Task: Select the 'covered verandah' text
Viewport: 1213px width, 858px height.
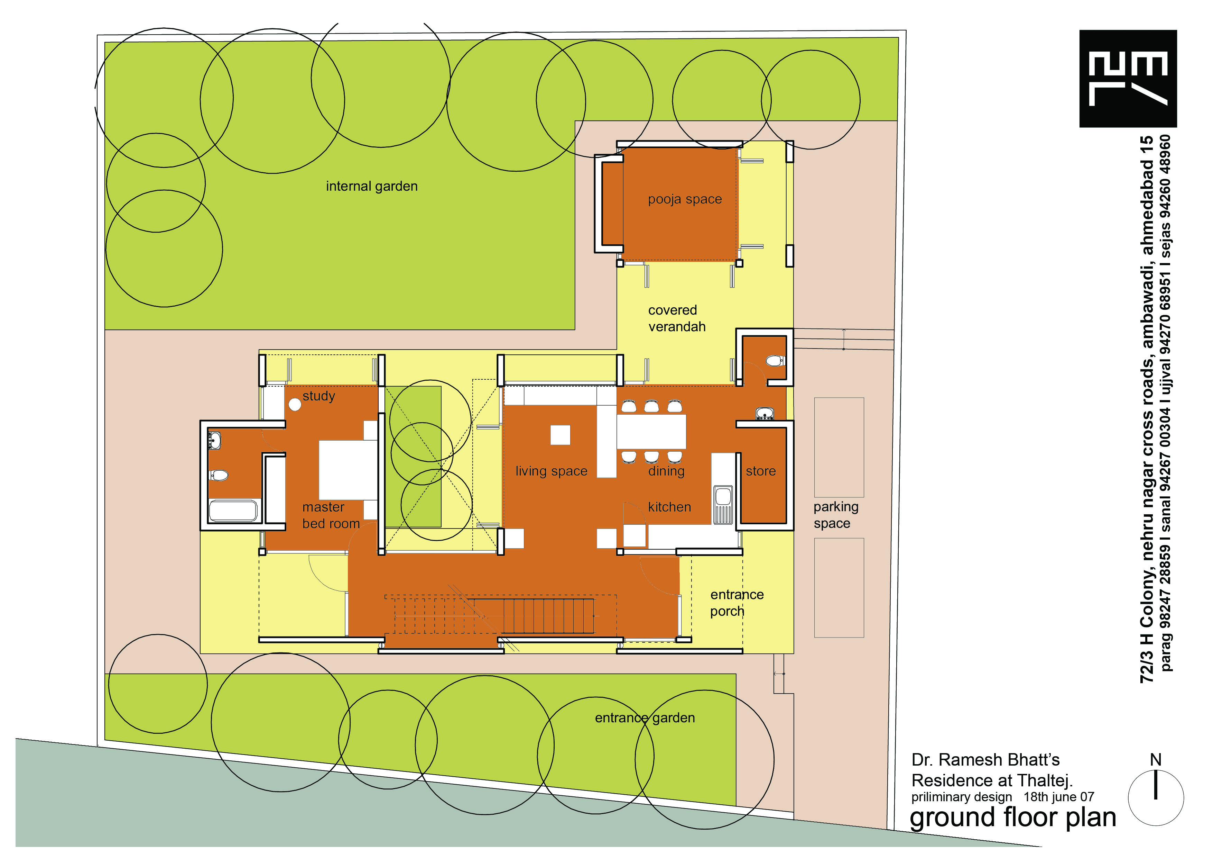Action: click(x=677, y=318)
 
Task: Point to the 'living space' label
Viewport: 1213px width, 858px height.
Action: click(x=551, y=471)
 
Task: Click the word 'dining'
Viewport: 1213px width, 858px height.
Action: click(x=666, y=471)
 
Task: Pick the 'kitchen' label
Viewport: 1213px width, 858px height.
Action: click(x=669, y=507)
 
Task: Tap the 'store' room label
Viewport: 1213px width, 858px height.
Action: click(x=761, y=471)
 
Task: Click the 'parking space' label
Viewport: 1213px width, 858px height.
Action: click(x=836, y=515)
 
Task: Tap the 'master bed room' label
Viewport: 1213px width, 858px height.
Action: click(x=331, y=515)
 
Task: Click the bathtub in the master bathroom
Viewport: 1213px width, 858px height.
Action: click(x=233, y=511)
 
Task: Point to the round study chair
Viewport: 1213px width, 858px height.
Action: click(x=295, y=405)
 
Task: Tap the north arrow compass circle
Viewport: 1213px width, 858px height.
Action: click(x=1156, y=798)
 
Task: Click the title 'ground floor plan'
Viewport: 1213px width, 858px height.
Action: click(x=1013, y=818)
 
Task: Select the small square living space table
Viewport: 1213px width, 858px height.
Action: click(x=560, y=435)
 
